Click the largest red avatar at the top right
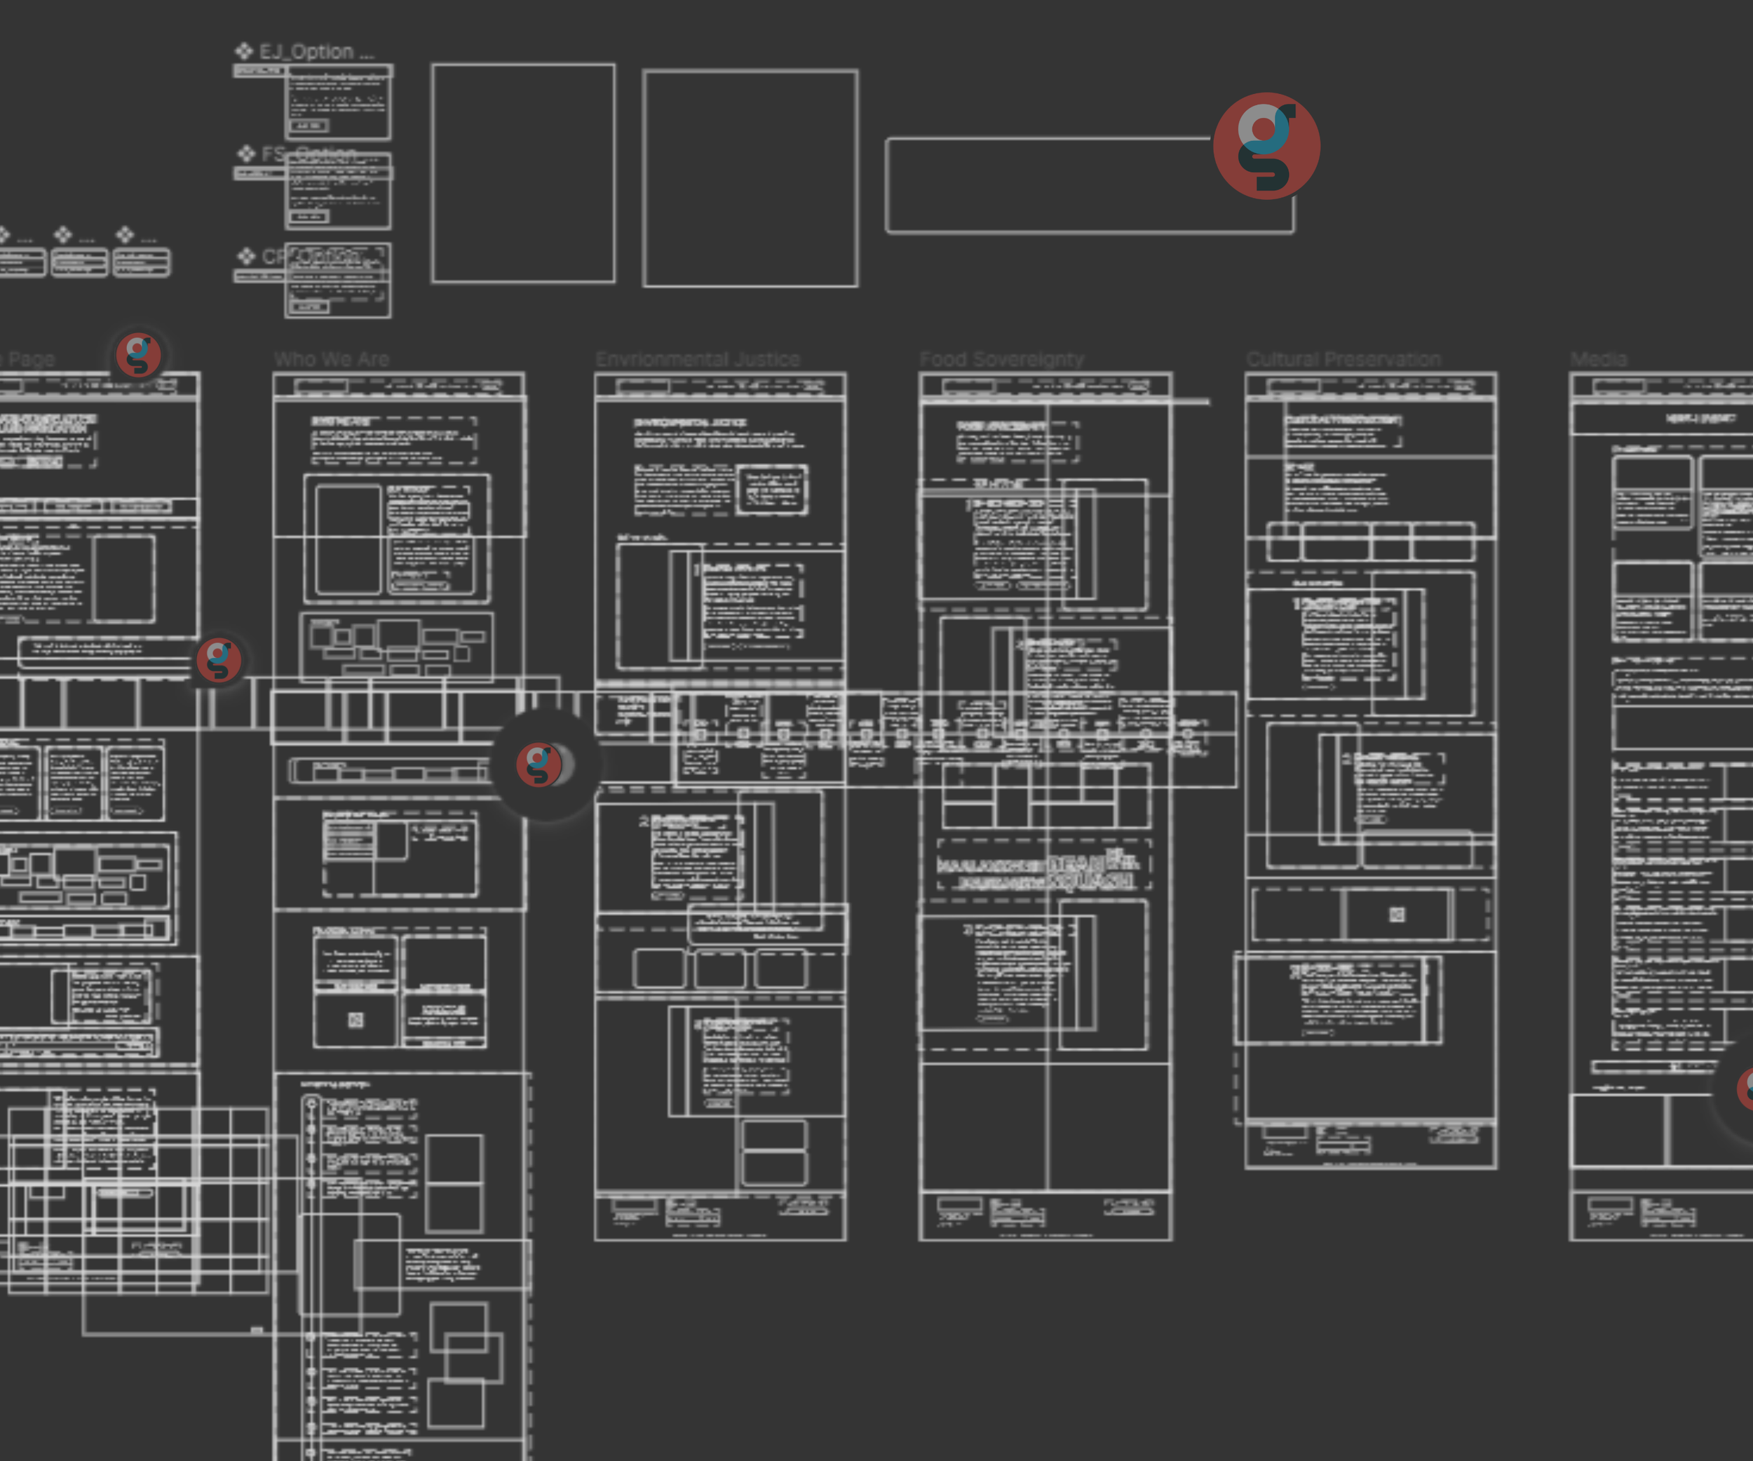tap(1266, 146)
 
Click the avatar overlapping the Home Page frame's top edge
tap(139, 355)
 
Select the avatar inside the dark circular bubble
tap(539, 764)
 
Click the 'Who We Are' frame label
tap(332, 359)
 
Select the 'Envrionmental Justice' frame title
tap(697, 359)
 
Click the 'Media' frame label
tap(1598, 359)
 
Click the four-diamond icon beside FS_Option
tap(246, 154)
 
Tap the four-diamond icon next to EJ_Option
tap(244, 51)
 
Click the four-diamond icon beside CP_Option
tap(246, 255)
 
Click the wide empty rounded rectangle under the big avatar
tap(1043, 185)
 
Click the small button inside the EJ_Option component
tap(308, 126)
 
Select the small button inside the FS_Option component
tap(308, 217)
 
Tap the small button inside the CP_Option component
tap(308, 307)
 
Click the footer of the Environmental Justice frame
tap(719, 1217)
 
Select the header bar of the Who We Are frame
tap(399, 386)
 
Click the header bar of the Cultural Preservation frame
tap(1370, 386)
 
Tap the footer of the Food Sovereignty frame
tap(1045, 1216)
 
